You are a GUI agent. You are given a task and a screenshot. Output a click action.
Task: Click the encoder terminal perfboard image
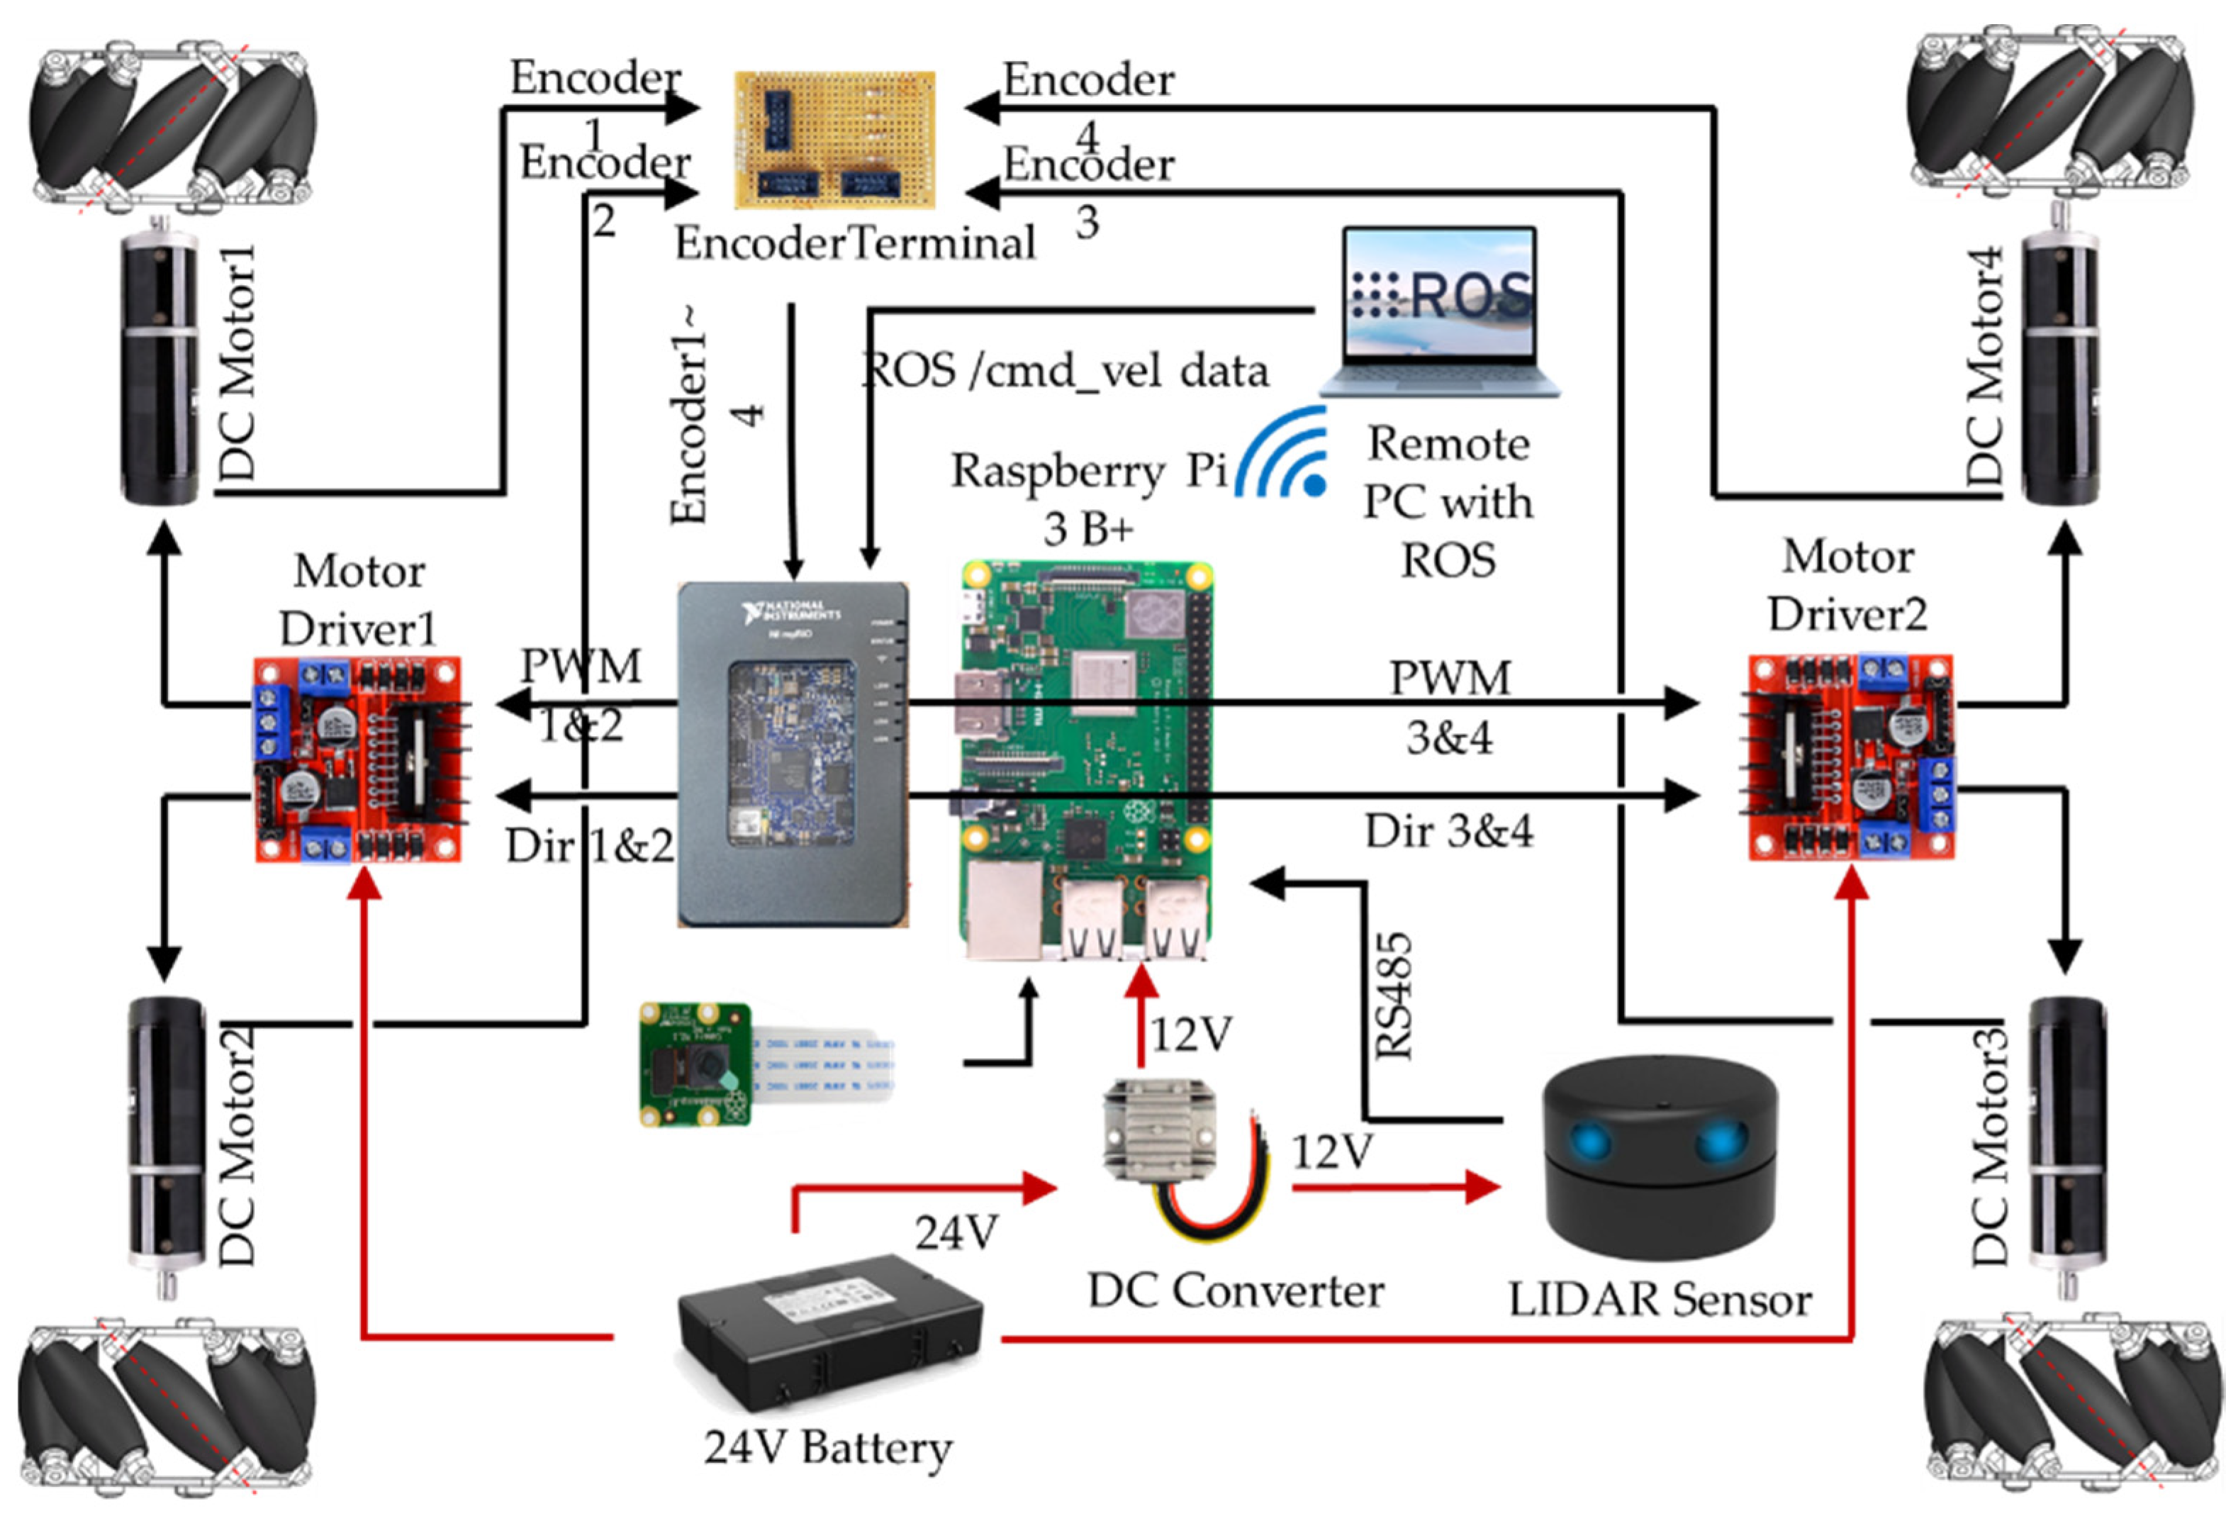point(834,139)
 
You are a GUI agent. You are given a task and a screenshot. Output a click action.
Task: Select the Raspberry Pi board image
point(1086,761)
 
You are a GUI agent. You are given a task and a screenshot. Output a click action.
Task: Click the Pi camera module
point(695,1064)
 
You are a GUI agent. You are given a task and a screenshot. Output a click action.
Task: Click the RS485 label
point(1394,997)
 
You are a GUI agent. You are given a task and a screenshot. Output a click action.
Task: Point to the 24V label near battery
point(956,1232)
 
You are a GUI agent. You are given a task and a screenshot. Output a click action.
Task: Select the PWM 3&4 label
point(1449,708)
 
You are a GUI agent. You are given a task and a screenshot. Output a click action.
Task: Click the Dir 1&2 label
point(589,847)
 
